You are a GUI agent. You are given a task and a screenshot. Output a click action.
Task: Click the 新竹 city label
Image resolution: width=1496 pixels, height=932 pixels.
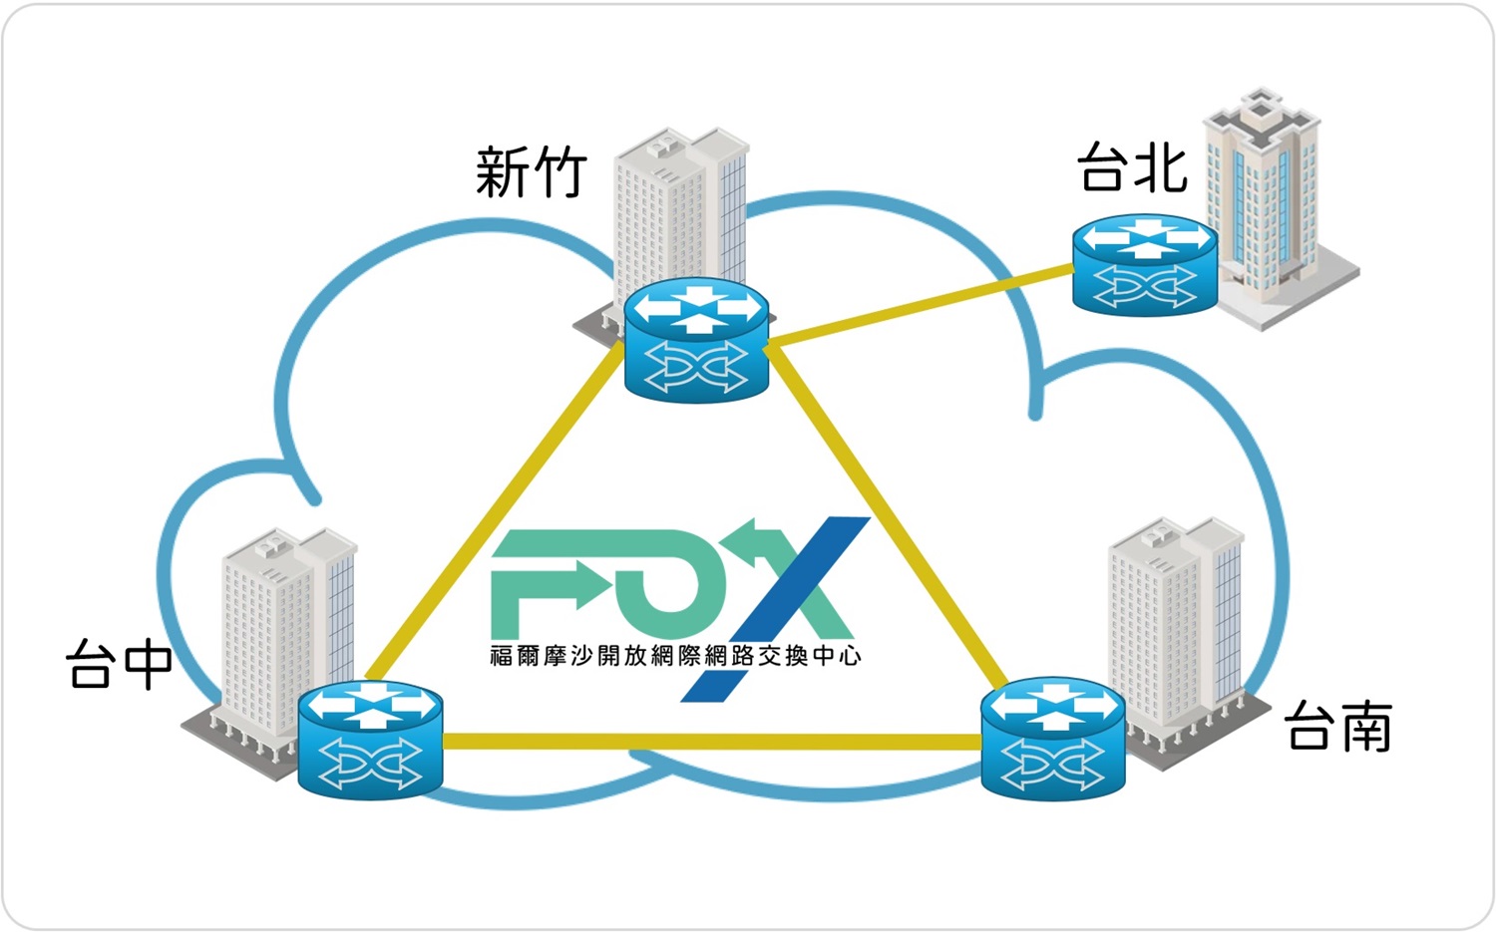(x=530, y=171)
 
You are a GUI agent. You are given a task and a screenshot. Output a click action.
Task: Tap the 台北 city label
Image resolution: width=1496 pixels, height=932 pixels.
(x=1132, y=166)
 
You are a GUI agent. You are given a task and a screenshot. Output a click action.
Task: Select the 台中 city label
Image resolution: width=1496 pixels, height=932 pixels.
(x=119, y=664)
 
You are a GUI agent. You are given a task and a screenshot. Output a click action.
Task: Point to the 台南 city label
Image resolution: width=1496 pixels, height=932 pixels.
(x=1337, y=727)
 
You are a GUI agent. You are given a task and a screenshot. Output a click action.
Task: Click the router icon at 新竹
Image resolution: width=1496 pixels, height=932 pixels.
(x=697, y=339)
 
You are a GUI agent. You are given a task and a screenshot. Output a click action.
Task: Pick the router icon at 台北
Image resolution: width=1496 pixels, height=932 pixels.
(x=1144, y=266)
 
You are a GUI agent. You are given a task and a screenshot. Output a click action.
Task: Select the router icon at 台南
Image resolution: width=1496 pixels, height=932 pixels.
(x=1052, y=739)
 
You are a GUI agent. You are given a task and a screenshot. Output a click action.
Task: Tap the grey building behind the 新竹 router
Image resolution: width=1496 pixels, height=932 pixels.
(x=678, y=209)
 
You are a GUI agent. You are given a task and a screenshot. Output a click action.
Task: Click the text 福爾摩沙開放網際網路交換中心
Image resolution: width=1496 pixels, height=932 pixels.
(x=675, y=656)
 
